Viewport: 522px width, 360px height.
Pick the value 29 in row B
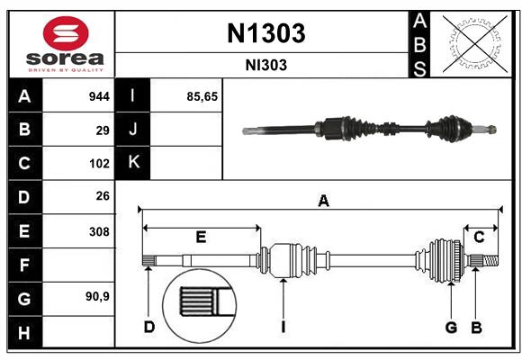pyautogui.click(x=103, y=130)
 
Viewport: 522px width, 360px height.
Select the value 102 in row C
pyautogui.click(x=99, y=164)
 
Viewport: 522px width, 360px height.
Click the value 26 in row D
pyautogui.click(x=103, y=197)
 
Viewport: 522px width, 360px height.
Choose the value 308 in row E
pyautogui.click(x=99, y=231)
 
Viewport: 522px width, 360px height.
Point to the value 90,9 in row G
pyautogui.click(x=97, y=296)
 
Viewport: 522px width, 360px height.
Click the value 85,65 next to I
pyautogui.click(x=202, y=96)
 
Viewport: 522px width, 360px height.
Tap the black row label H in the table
pyautogui.click(x=24, y=333)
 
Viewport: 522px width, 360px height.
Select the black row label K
pyautogui.click(x=133, y=163)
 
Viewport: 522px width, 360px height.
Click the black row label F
pyautogui.click(x=24, y=265)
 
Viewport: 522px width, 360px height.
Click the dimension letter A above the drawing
pyautogui.click(x=323, y=202)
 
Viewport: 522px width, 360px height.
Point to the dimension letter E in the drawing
pyautogui.click(x=201, y=238)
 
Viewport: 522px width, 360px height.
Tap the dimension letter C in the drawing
pyautogui.click(x=479, y=238)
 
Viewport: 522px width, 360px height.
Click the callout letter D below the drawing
pyautogui.click(x=149, y=326)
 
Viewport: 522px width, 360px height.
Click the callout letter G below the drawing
pyautogui.click(x=451, y=326)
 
